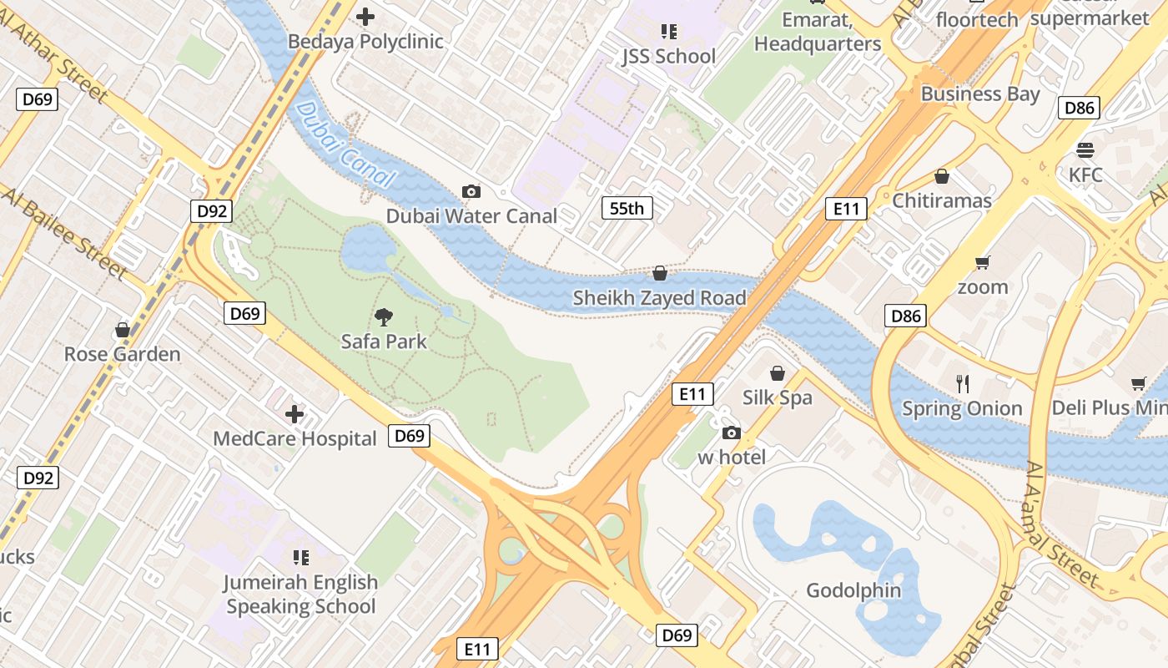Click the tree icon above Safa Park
coord(384,317)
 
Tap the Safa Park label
coord(384,342)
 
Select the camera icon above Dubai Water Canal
coord(471,192)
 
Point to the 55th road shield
coord(627,208)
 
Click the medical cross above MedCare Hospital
coord(295,414)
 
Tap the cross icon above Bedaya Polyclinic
coord(365,16)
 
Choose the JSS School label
coord(668,57)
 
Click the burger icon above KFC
coord(1085,150)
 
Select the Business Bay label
coord(980,94)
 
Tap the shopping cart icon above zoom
coord(982,263)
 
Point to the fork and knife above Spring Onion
coord(963,383)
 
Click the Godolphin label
coord(853,591)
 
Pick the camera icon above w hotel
coord(731,433)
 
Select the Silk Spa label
coord(777,397)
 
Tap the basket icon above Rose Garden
coord(123,330)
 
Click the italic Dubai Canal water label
coord(344,144)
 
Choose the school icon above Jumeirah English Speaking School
coord(301,557)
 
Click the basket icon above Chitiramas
coord(942,176)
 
